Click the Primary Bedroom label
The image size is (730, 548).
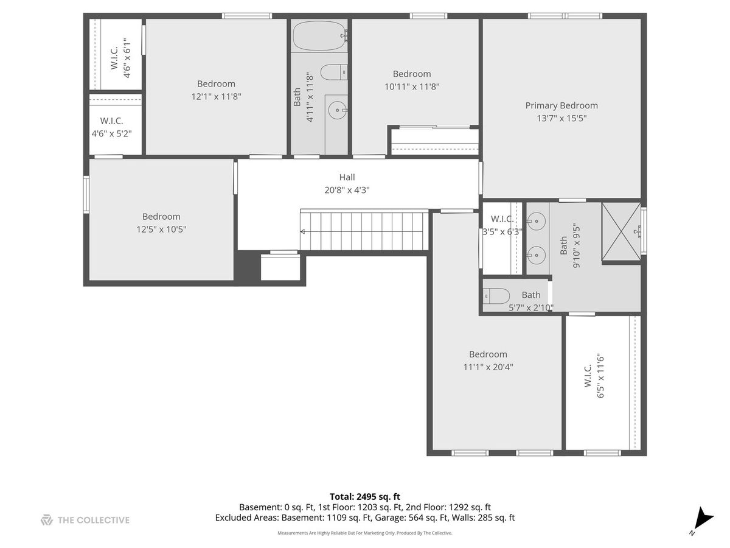pyautogui.click(x=561, y=105)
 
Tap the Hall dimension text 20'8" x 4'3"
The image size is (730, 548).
pyautogui.click(x=347, y=190)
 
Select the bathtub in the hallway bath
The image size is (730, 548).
pyautogui.click(x=318, y=35)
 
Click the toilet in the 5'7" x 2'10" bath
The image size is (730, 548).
pyautogui.click(x=496, y=296)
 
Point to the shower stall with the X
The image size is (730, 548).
pyautogui.click(x=621, y=231)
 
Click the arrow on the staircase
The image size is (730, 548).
pyautogui.click(x=364, y=231)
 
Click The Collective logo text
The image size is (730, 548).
pyautogui.click(x=94, y=520)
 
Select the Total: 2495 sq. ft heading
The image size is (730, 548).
pyautogui.click(x=365, y=497)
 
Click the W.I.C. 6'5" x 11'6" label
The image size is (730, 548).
pyautogui.click(x=594, y=376)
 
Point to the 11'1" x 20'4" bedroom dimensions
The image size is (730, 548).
pyautogui.click(x=488, y=367)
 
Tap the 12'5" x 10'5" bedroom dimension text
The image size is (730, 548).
pyautogui.click(x=161, y=230)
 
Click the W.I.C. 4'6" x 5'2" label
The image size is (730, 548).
pyautogui.click(x=112, y=127)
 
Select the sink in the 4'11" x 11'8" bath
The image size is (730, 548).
pyautogui.click(x=338, y=110)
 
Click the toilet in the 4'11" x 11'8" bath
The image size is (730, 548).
pyautogui.click(x=334, y=72)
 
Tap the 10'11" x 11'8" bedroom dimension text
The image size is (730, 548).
pyautogui.click(x=412, y=87)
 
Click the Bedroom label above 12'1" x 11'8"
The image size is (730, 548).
pyautogui.click(x=216, y=83)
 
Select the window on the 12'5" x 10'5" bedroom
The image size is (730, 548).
pyautogui.click(x=86, y=195)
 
